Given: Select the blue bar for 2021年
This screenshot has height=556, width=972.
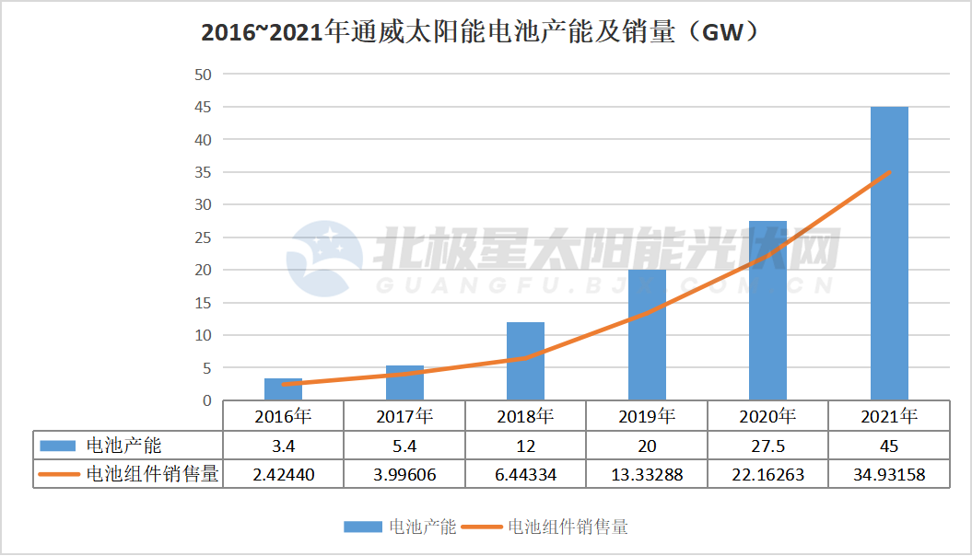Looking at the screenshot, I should tap(889, 253).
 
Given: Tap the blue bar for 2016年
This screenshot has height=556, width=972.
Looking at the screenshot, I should tap(283, 389).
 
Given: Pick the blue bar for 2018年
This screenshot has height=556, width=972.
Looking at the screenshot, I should tap(525, 361).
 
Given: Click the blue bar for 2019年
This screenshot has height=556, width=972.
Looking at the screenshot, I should tap(647, 335).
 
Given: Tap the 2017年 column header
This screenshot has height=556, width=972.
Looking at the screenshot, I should tap(404, 416).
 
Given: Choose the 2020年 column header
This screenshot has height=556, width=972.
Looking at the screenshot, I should tap(767, 416).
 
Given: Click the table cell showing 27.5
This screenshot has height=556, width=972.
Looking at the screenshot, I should tap(767, 446).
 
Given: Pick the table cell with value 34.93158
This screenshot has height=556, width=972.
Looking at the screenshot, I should tap(889, 474).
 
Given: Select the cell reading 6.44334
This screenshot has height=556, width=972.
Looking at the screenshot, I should tap(525, 474).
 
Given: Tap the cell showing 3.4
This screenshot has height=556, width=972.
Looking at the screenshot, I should tap(283, 446).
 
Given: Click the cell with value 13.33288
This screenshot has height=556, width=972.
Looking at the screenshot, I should tap(647, 474).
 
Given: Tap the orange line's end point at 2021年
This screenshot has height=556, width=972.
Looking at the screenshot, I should tap(889, 172).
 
